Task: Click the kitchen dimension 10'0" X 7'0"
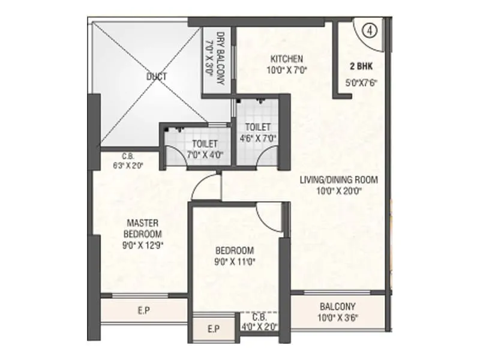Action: coord(287,70)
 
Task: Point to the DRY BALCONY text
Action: coord(220,58)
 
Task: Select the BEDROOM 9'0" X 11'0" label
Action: coord(233,256)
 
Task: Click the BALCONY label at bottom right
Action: coord(337,305)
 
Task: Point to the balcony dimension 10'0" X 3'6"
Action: coord(337,317)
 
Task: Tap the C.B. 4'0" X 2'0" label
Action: coord(259,322)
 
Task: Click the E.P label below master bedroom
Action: coord(143,310)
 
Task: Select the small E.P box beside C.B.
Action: coord(212,329)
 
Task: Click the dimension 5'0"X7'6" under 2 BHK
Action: coord(362,83)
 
